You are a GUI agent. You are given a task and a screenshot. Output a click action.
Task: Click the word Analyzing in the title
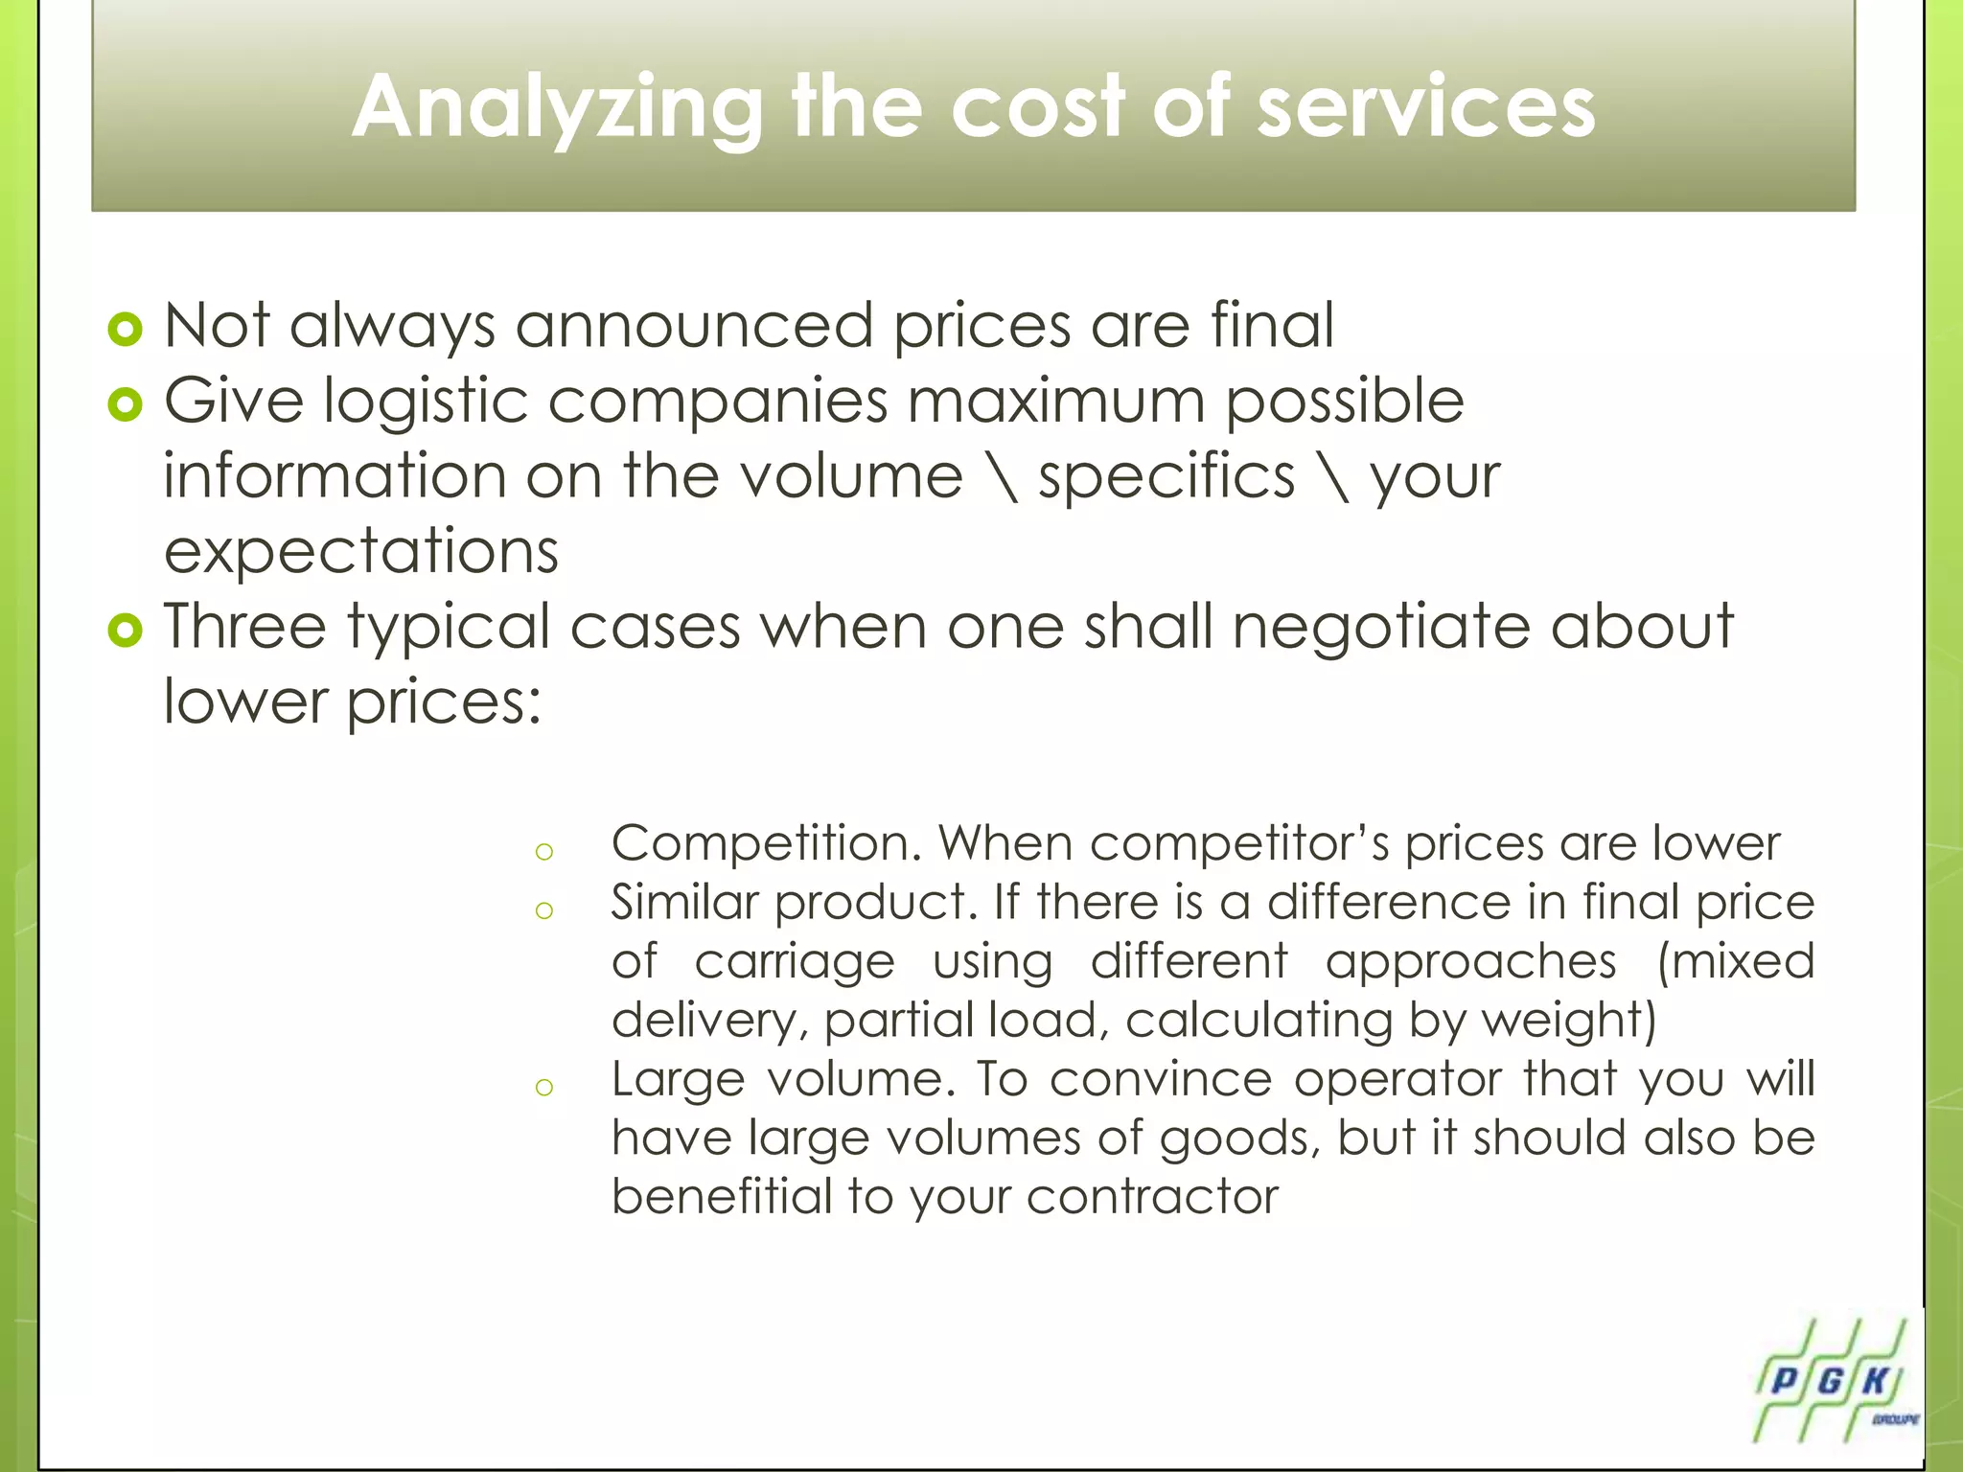[x=556, y=107]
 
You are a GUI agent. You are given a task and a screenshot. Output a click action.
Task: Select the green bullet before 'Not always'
[x=126, y=330]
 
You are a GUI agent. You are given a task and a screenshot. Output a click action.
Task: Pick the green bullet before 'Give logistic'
[x=126, y=404]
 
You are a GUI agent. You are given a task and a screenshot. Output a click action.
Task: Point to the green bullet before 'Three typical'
[x=126, y=631]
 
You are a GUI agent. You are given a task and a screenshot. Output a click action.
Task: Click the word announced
[x=694, y=326]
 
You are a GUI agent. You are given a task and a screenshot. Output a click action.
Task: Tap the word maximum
[x=1055, y=401]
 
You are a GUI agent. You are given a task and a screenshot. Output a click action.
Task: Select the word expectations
[x=360, y=552]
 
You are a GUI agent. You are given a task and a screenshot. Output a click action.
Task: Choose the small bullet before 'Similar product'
[x=544, y=909]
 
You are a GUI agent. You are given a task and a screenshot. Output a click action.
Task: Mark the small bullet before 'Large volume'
[x=544, y=1086]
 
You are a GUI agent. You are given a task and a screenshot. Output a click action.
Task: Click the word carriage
[x=795, y=962]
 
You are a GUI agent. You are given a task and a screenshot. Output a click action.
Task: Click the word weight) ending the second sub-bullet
[x=1570, y=1021]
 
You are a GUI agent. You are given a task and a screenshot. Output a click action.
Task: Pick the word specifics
[x=1166, y=477]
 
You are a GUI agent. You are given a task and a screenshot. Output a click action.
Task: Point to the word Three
[x=245, y=627]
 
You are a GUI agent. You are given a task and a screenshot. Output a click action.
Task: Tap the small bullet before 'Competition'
[x=544, y=851]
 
